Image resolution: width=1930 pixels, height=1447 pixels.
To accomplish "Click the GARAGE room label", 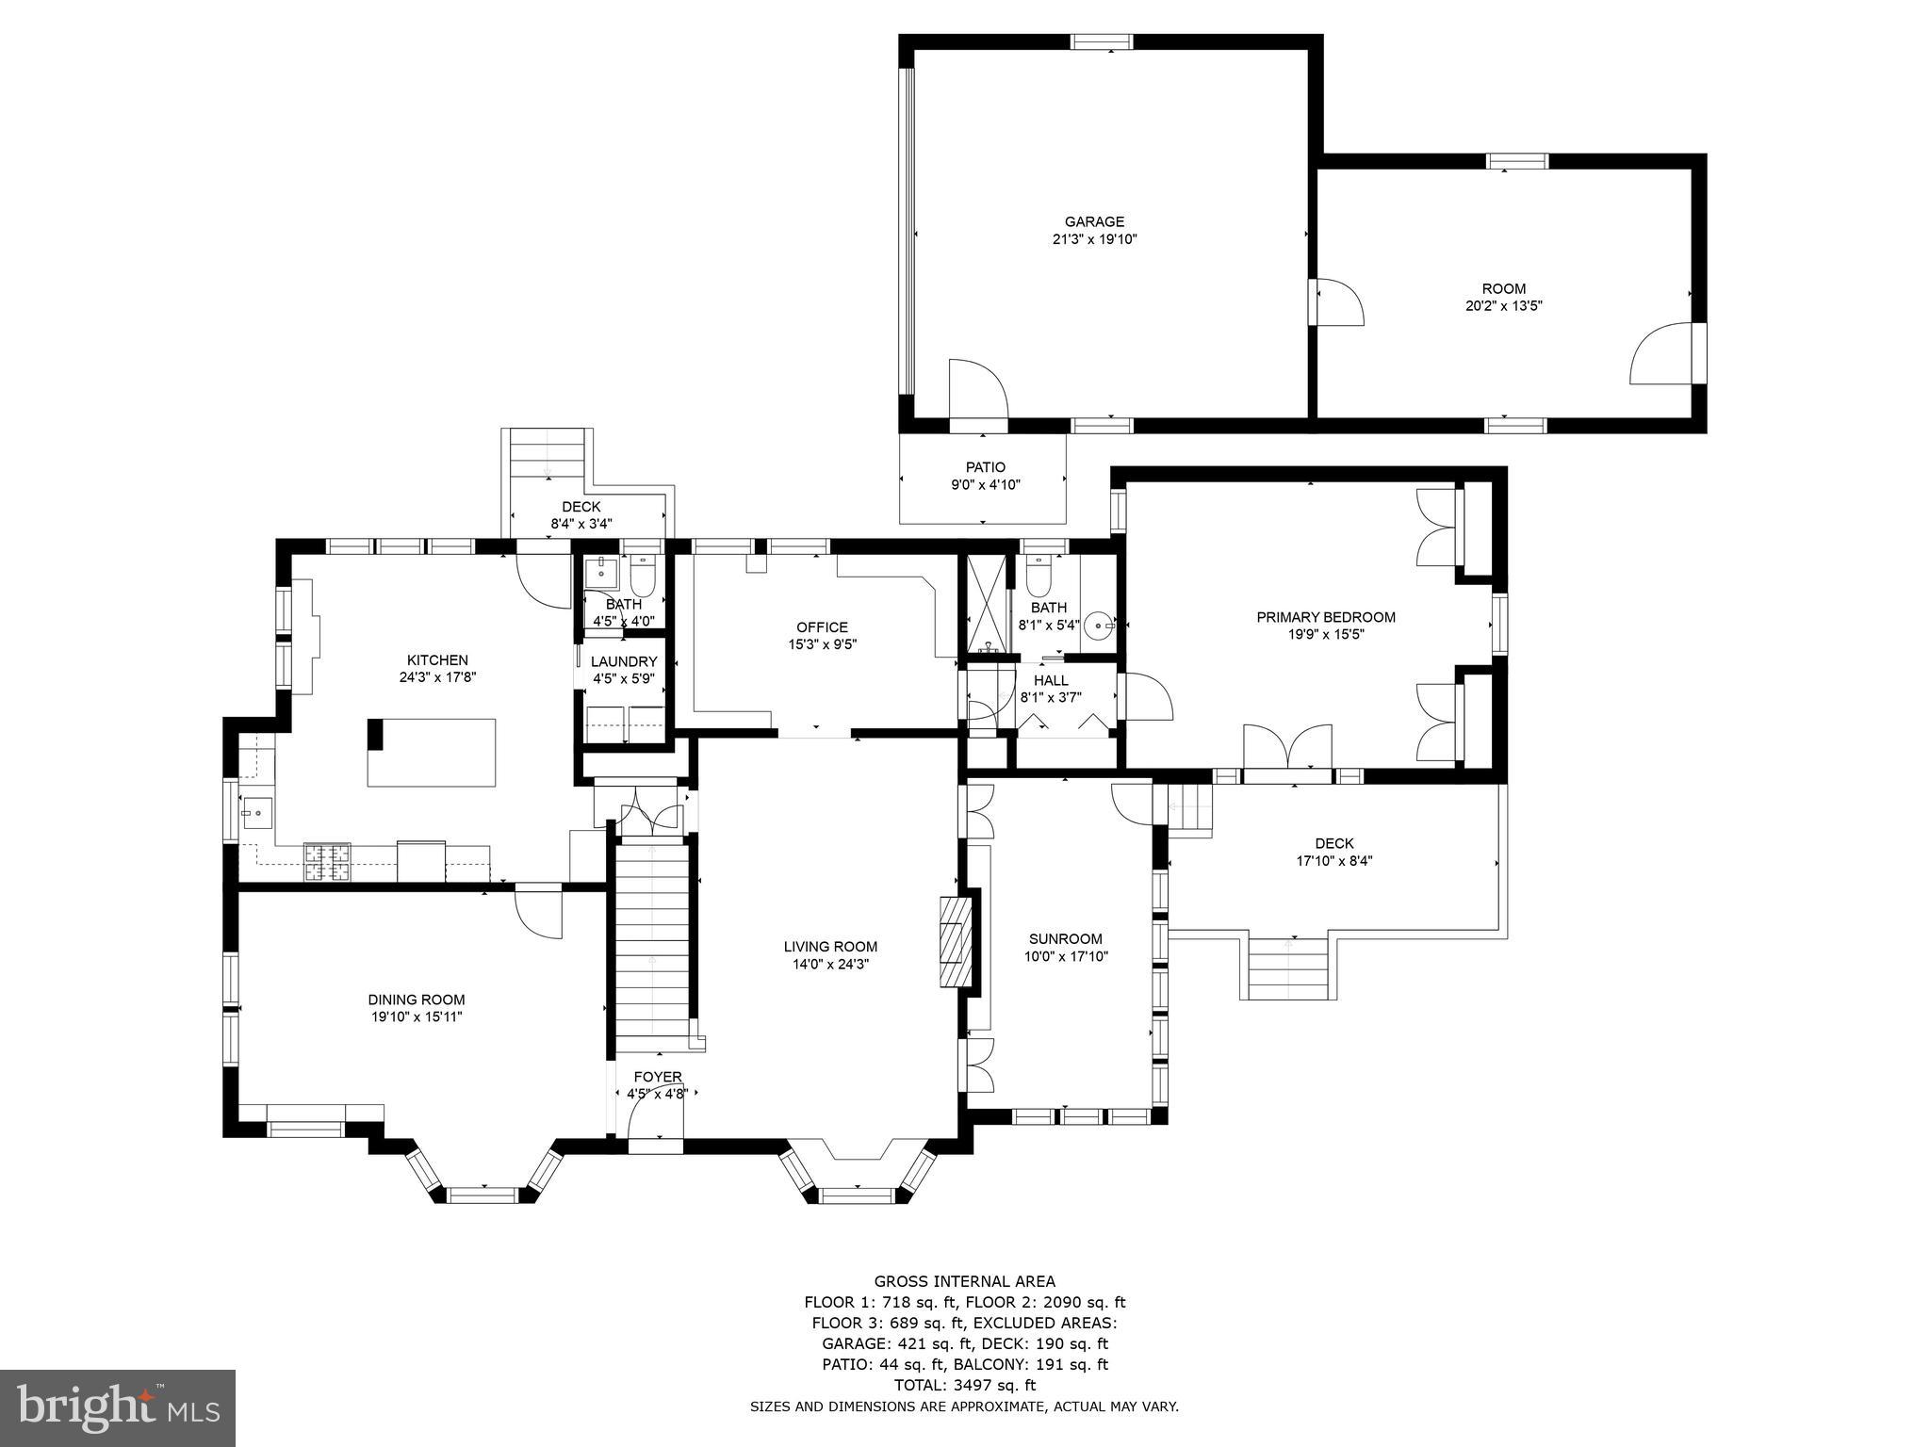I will coord(1094,222).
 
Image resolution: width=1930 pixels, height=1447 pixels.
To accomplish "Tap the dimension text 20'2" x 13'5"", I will coord(1503,306).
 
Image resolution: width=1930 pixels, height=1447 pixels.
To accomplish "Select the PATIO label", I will coord(985,467).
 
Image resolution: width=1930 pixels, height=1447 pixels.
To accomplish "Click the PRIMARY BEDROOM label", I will coord(1325,618).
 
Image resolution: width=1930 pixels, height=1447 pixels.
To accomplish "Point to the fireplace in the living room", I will coord(954,941).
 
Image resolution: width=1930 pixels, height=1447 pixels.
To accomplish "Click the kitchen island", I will coord(432,752).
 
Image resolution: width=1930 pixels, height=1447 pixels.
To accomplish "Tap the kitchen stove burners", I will coord(326,862).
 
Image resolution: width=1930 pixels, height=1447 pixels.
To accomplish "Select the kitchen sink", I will coord(256,811).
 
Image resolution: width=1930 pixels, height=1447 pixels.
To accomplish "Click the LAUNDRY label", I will coord(624,662).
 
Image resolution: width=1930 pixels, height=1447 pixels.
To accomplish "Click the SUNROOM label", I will coord(1065,939).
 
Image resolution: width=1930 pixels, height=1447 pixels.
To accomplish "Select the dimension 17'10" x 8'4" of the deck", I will coord(1333,860).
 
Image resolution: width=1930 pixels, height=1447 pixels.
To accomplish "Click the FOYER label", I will coord(657,1078).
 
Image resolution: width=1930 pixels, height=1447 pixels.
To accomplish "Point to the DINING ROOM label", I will coord(416,1000).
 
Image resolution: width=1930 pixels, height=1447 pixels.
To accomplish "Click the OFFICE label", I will coord(822,627).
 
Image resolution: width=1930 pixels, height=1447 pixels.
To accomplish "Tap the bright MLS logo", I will coord(118,1407).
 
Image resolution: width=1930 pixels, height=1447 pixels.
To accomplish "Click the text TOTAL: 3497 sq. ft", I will coord(964,1386).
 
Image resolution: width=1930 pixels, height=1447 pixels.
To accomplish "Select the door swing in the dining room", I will coord(538,912).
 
